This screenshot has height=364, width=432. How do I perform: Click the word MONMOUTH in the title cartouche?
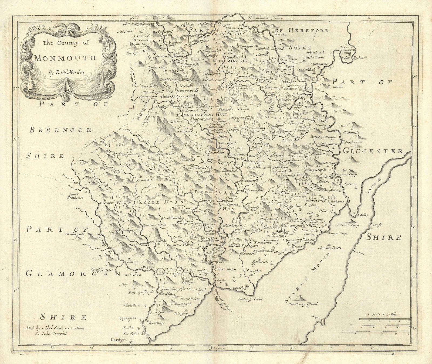tap(65, 58)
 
